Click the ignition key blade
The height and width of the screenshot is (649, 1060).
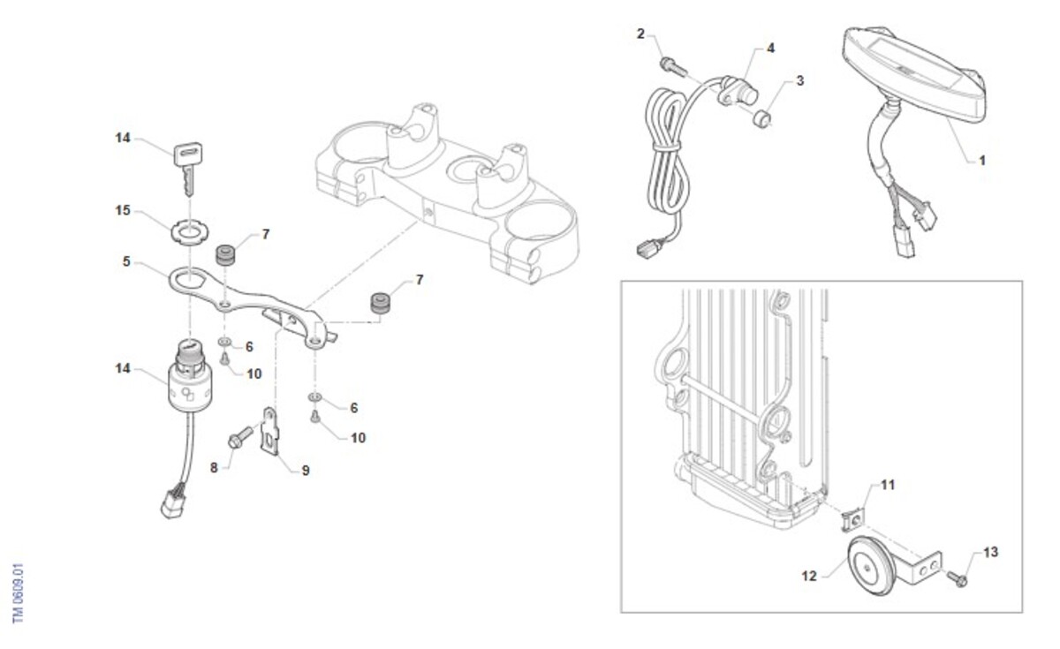tap(189, 180)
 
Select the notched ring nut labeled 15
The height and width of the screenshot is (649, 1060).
tap(189, 231)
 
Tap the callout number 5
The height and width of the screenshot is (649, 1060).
tap(125, 261)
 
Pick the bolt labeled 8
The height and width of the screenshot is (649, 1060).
tap(240, 437)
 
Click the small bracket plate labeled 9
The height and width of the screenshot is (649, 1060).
tap(270, 431)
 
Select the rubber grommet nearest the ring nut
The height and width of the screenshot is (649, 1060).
tap(226, 255)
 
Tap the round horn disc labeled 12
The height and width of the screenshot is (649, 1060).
tap(871, 566)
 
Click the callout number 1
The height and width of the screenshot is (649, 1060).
tap(982, 161)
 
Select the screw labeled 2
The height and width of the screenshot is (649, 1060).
tap(673, 67)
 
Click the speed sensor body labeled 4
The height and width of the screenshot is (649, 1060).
tap(738, 91)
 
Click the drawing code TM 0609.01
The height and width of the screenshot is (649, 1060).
tap(18, 593)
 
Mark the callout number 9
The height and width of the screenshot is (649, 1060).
tap(306, 471)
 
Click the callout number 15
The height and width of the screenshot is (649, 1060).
tap(123, 210)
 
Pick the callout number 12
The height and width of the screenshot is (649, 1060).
tap(809, 576)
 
